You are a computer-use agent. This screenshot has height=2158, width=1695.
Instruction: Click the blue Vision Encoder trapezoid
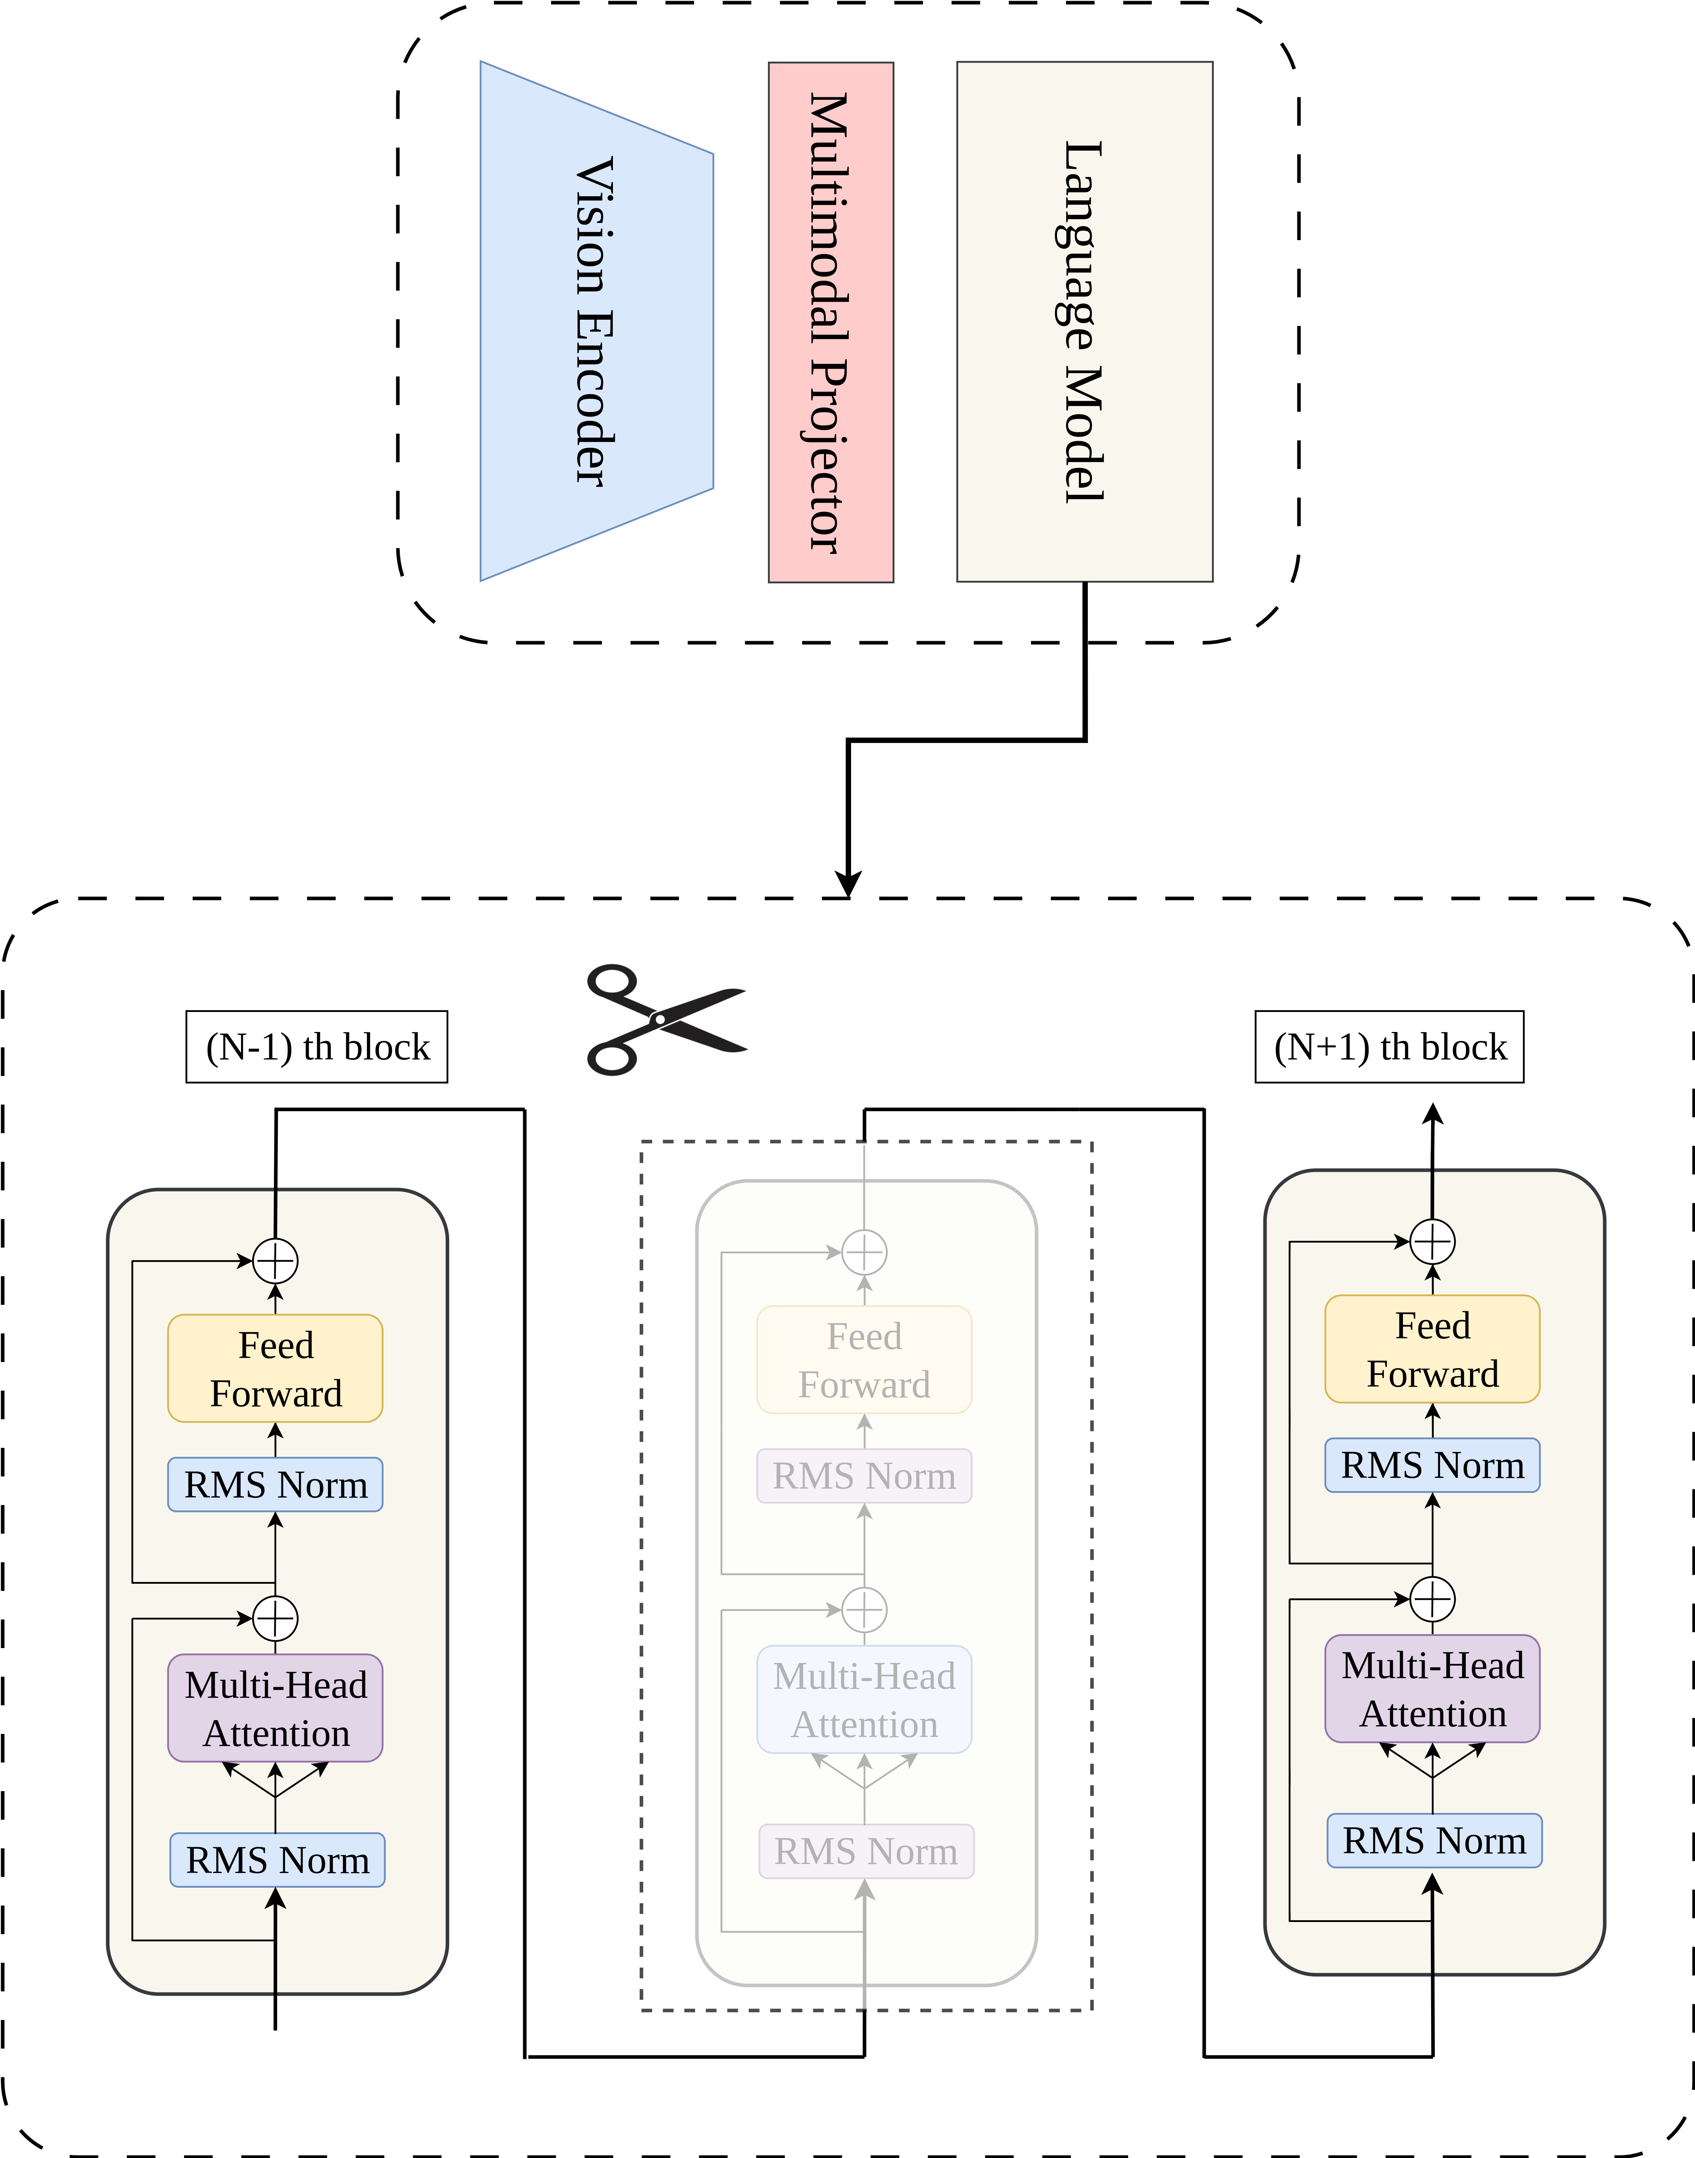point(596,320)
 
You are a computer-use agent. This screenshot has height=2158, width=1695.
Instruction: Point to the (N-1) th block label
point(316,1047)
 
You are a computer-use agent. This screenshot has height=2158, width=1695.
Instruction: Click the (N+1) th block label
point(1389,1047)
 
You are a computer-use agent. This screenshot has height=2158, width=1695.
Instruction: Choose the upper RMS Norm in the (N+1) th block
point(1432,1464)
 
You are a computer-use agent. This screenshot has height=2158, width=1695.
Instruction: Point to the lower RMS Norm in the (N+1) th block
point(1434,1840)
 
